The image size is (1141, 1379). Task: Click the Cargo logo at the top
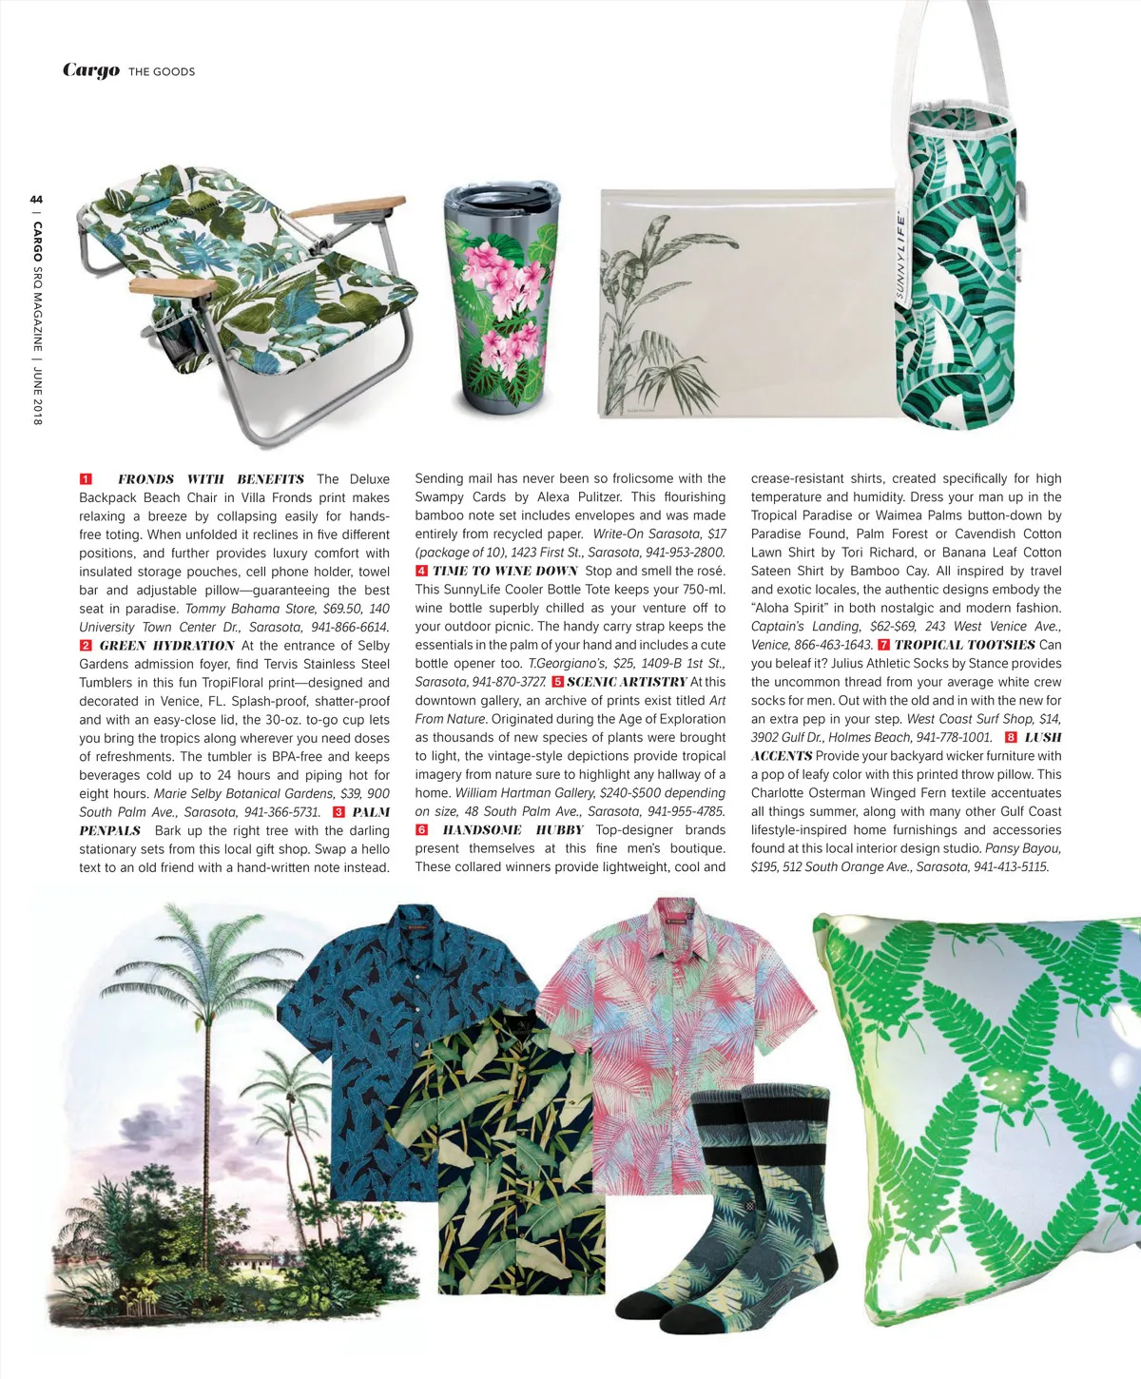coord(91,70)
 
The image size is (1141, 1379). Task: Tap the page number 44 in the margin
coord(36,199)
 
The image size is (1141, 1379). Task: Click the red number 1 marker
coord(86,479)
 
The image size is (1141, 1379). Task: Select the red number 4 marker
coord(421,572)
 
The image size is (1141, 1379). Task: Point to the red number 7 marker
coord(883,645)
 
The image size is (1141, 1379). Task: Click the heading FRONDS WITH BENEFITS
coord(211,479)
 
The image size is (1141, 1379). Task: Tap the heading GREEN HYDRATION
coord(166,646)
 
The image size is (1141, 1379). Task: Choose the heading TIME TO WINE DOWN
coord(505,572)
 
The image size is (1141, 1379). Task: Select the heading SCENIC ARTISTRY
coord(627,682)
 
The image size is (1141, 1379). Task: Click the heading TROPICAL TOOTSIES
coord(964,645)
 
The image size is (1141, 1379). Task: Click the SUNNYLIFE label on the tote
coord(901,257)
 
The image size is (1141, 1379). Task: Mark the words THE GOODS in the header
coord(162,71)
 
